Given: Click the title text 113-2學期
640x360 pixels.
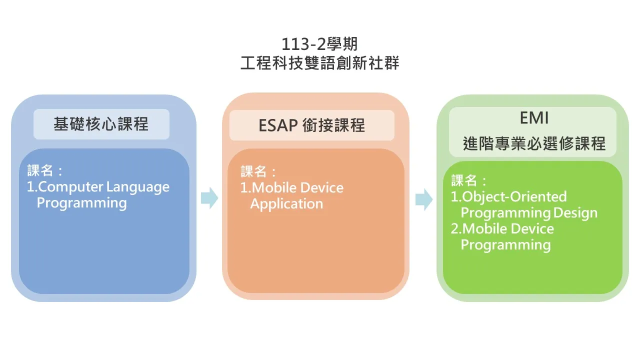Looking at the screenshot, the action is coord(319,44).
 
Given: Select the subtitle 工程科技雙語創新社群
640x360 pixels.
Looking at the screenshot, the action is coord(319,63).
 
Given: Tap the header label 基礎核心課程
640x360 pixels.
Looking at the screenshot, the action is coord(101,124).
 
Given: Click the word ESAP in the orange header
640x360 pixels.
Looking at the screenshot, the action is coord(278,125).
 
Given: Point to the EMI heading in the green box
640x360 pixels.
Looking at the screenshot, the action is coord(534,117).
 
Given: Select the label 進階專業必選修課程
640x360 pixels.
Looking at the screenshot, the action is coord(534,143).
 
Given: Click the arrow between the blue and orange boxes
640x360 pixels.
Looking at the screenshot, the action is coord(209,198).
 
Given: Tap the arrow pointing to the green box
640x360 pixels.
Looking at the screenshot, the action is coord(424,199).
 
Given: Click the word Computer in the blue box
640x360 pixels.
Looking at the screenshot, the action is coord(70,187).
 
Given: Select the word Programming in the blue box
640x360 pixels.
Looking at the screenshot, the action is coord(81,203).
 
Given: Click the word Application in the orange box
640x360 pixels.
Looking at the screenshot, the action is coord(286,204).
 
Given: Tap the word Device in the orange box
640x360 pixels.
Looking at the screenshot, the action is coord(321,188).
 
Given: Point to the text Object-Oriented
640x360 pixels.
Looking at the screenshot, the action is coord(514,197).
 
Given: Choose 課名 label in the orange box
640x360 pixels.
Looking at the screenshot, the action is coord(253,171).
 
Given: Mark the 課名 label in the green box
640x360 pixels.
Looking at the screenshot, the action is coord(464,180).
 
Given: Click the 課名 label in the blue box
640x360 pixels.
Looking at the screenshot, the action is coord(40,170).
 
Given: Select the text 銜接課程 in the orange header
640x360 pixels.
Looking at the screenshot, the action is coord(333,125).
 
